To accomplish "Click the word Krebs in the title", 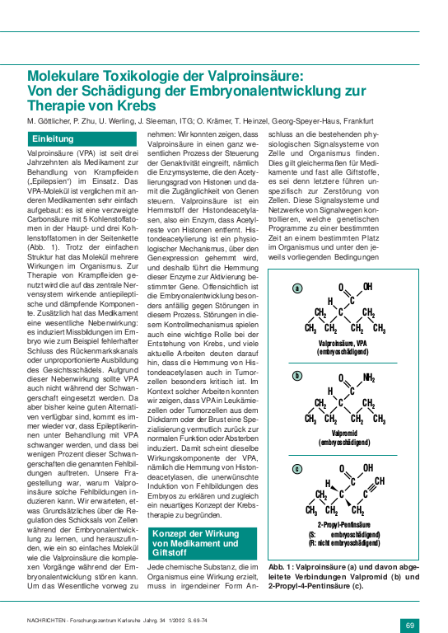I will tap(134, 106).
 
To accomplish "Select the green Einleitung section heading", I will tap(54, 139).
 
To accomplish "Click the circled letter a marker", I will tap(297, 288).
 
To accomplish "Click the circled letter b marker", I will tap(297, 375).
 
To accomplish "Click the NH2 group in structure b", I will tap(369, 378).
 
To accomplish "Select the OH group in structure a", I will tap(367, 287).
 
